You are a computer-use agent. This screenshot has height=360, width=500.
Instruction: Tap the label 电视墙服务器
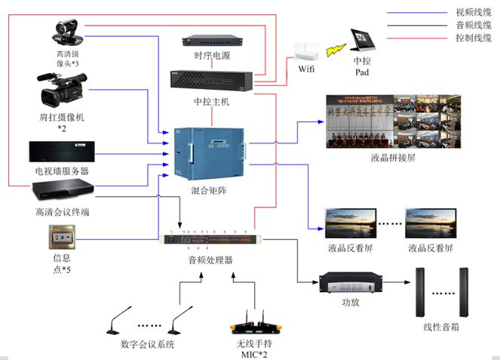(62, 171)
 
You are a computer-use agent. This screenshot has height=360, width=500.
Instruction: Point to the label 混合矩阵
(206, 192)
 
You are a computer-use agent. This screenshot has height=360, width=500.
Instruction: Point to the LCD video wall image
(392, 121)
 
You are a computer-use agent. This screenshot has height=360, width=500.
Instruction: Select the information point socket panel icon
(61, 240)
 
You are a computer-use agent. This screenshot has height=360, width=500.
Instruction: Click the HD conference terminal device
(62, 192)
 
